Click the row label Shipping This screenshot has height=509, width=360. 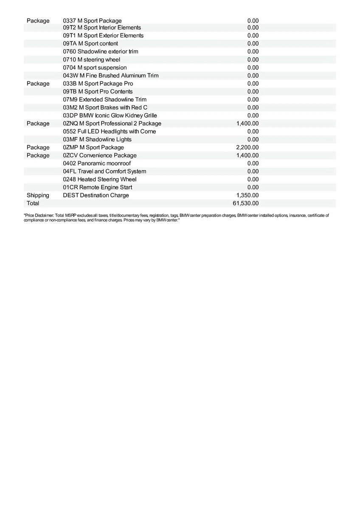38,195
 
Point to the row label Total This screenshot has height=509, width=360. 33,203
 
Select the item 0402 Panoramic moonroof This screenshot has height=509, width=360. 97,163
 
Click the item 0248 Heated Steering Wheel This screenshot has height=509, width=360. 100,179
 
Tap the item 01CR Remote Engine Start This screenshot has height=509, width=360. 98,187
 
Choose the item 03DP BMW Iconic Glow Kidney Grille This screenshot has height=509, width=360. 110,115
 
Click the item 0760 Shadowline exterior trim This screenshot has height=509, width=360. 101,51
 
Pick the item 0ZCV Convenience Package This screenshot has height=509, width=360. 100,155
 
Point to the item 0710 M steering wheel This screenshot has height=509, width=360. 92,59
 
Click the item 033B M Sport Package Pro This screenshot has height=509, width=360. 98,84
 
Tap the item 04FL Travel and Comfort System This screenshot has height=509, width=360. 104,171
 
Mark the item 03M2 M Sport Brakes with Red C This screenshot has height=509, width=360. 105,107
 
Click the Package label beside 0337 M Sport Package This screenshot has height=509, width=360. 38,21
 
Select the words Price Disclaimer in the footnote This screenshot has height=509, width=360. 39,215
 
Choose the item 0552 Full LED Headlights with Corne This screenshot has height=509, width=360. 110,131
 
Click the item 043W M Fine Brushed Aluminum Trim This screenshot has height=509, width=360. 111,76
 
